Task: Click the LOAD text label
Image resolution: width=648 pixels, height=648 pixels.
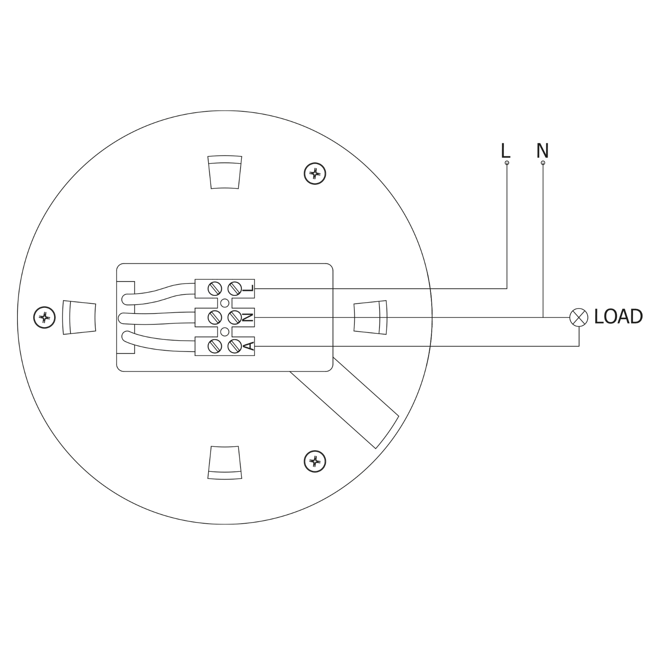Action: pos(618,317)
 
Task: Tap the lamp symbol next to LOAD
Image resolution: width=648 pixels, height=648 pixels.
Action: pos(579,317)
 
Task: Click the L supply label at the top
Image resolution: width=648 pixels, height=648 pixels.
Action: pos(505,151)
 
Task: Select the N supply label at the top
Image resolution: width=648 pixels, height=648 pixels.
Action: pos(542,151)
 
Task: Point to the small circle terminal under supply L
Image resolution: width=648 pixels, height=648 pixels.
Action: pos(507,163)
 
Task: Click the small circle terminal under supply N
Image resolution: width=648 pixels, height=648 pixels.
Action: pos(543,163)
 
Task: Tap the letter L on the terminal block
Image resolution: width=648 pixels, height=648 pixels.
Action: pos(249,289)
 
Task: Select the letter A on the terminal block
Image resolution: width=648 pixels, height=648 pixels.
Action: pos(249,346)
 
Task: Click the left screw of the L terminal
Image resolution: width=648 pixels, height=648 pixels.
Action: pos(215,289)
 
